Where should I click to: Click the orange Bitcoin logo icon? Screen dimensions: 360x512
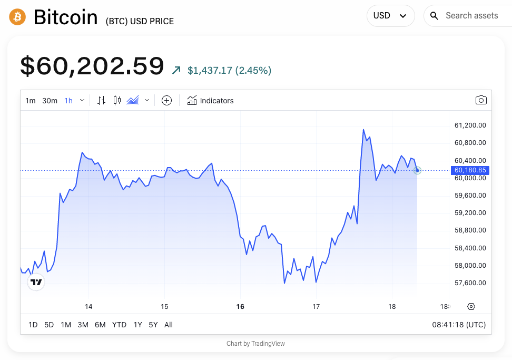point(17,17)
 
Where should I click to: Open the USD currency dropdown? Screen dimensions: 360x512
point(390,16)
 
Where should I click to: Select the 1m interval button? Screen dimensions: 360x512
point(31,101)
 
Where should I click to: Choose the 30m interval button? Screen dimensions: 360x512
point(50,101)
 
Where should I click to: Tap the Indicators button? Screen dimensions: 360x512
point(211,101)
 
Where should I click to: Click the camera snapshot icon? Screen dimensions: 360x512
point(480,100)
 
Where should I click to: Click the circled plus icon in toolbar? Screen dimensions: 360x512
point(166,101)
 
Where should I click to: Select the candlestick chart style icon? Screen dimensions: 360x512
point(117,101)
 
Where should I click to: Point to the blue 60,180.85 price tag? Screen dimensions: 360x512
point(470,170)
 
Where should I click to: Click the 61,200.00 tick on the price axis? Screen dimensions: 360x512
point(470,125)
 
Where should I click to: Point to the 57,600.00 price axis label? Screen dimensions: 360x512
point(470,283)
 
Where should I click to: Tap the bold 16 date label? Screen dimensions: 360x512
point(240,307)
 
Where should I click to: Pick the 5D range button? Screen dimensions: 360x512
point(49,325)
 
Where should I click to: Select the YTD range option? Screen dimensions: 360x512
point(119,325)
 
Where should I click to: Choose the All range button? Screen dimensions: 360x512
point(169,325)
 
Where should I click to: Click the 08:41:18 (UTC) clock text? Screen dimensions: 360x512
point(459,325)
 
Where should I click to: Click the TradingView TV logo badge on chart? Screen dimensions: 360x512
point(36,283)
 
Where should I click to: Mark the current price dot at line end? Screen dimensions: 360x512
point(417,170)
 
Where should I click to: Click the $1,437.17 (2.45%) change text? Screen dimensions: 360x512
point(229,71)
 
